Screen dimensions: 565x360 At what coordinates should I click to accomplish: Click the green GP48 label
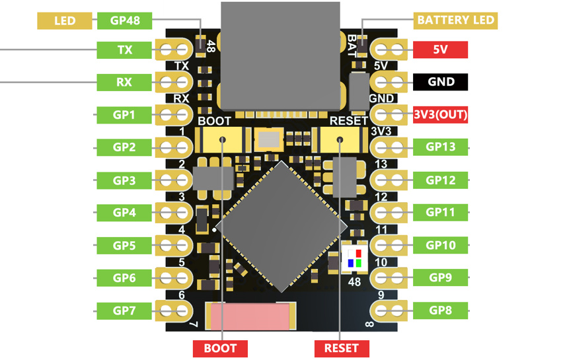[124, 20]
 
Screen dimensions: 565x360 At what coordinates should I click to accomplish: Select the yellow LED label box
[65, 20]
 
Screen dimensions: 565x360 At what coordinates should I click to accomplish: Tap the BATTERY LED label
[455, 20]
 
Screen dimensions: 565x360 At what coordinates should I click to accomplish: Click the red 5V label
[440, 50]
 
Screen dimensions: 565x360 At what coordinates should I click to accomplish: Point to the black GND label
[440, 82]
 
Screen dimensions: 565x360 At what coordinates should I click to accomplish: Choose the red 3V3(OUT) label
[440, 114]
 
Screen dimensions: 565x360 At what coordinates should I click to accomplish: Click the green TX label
[124, 50]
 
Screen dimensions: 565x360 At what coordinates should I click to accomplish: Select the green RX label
[124, 82]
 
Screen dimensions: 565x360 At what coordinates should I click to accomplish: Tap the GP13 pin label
[440, 147]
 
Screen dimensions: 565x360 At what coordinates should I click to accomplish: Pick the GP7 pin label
[124, 310]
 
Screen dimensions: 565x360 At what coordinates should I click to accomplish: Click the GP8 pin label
[440, 310]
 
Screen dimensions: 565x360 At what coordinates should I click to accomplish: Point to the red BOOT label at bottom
[220, 349]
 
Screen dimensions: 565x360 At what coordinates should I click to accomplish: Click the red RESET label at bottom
[342, 349]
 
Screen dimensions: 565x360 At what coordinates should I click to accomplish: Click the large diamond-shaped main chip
[282, 227]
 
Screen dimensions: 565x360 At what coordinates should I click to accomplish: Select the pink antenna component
[250, 316]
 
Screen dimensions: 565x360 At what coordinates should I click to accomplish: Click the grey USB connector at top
[280, 56]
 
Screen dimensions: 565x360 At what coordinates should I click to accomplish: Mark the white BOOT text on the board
[214, 121]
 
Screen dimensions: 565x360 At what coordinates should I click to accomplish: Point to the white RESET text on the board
[349, 121]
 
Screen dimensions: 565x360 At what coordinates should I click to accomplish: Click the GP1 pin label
[124, 115]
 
